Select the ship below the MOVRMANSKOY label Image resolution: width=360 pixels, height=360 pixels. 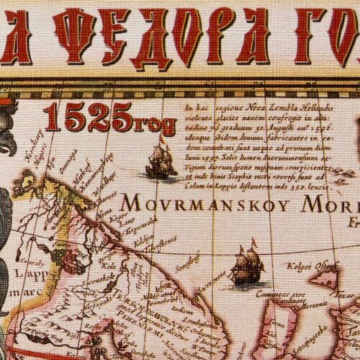pyautogui.click(x=246, y=266)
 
